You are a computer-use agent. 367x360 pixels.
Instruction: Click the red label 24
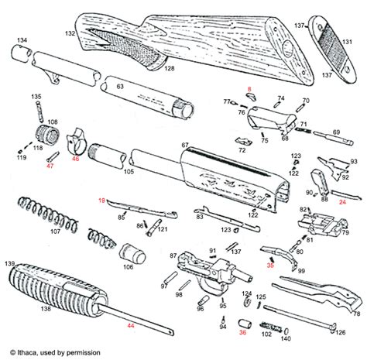point(342,200)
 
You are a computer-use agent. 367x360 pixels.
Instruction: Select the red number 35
point(270,264)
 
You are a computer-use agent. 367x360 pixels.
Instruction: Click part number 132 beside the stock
point(91,35)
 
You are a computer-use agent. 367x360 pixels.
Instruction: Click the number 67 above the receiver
point(185,146)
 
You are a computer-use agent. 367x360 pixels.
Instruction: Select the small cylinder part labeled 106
point(129,253)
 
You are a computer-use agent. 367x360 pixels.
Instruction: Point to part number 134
point(22,39)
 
